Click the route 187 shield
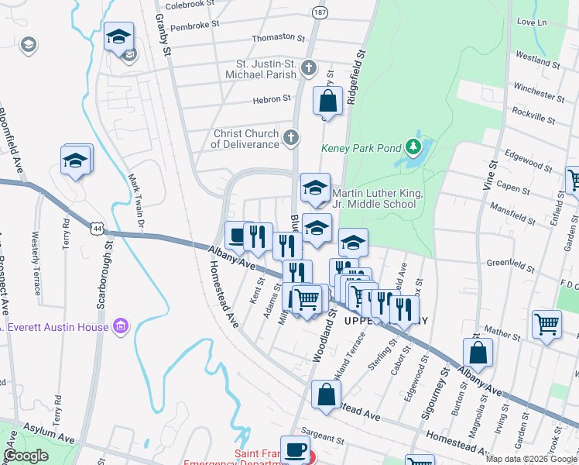click(320, 12)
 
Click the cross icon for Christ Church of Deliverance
click(291, 139)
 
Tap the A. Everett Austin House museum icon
click(120, 326)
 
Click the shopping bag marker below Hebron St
click(327, 101)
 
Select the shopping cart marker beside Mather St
click(546, 323)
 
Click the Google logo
click(26, 456)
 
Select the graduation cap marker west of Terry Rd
click(76, 160)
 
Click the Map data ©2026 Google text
click(531, 458)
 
